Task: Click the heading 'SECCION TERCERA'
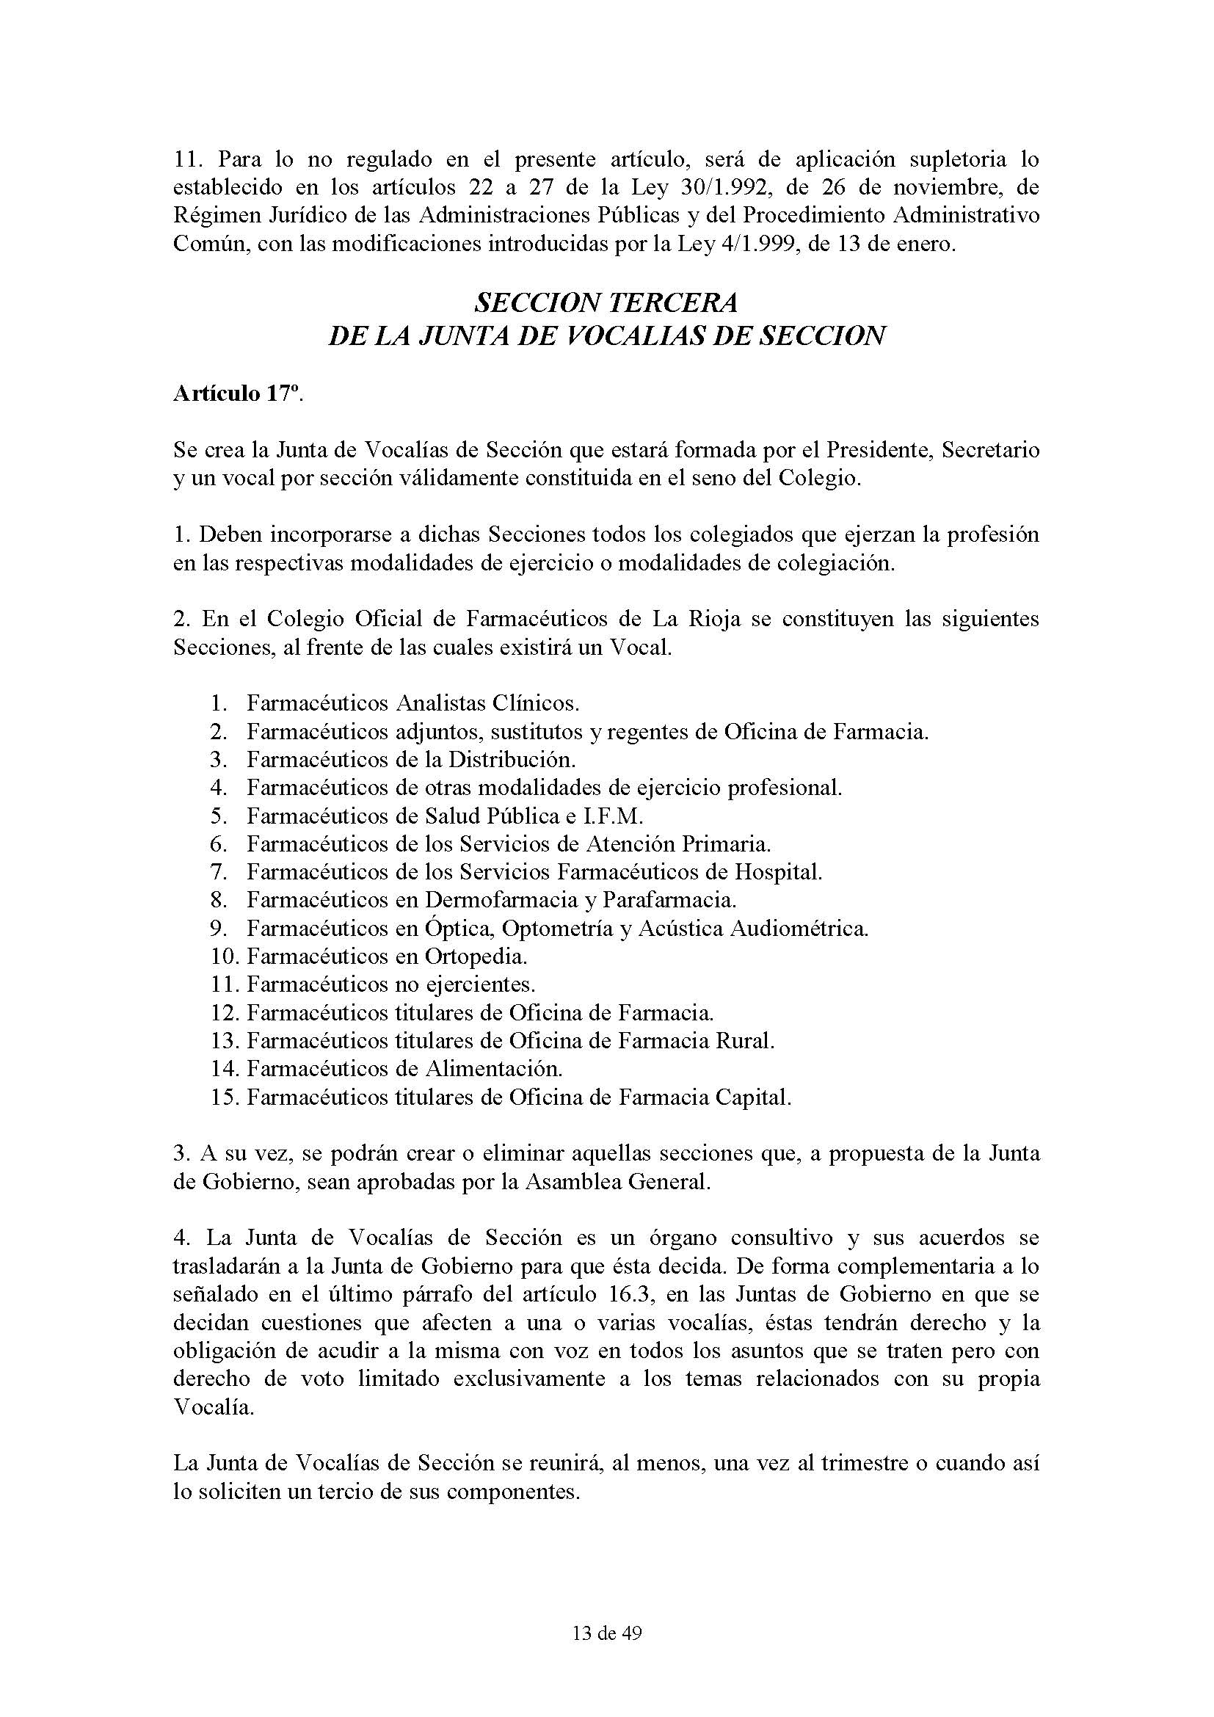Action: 606,303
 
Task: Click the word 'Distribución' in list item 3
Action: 512,760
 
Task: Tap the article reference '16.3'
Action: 622,1295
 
